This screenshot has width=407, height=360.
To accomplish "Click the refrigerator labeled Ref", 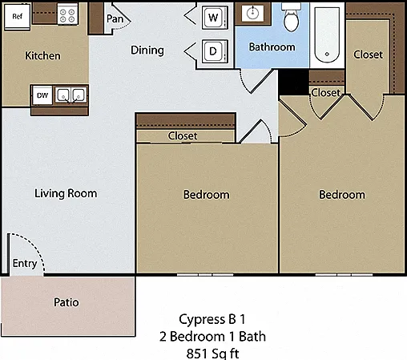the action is pos(18,17).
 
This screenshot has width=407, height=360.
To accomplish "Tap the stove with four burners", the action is pos(67,15).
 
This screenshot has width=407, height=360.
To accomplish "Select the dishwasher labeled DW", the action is pos(42,95).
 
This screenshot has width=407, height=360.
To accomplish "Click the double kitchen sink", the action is pos(71,95).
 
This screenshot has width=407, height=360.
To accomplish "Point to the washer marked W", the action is pos(215,18).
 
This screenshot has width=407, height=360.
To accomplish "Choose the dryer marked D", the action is pos(215,51).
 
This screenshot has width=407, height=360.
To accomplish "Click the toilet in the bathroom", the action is pos(291,18).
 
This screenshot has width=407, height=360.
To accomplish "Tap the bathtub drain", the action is pos(327,54).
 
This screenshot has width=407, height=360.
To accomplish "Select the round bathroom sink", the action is pos(252,12).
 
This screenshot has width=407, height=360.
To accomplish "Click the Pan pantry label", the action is pos(115,18).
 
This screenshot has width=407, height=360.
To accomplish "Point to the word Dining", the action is pos(147,51).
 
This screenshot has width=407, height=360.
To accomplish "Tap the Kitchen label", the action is pos(42,55).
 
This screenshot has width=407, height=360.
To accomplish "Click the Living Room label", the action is pos(66,193).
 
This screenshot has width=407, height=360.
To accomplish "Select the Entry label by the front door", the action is pos(25,264).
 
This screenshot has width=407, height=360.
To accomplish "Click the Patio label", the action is pos(66,302).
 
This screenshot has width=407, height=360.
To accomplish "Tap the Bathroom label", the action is pos(272,47).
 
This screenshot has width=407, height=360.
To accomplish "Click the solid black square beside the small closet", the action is pos(293,82).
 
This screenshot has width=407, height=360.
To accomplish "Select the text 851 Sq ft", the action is pos(212,354).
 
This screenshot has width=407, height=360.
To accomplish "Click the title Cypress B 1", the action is pos(212,319).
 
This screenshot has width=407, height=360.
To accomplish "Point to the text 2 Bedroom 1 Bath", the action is pos(212,337).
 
